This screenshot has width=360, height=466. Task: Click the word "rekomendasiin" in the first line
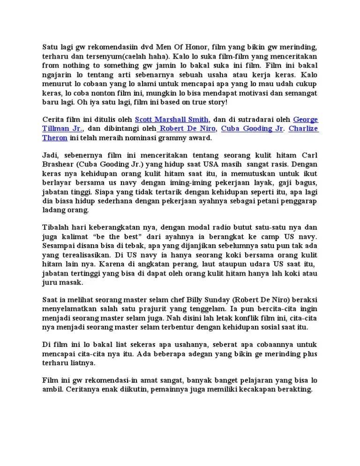99,47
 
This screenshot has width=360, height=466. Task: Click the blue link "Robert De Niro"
187,128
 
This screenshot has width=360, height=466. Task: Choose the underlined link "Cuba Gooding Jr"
252,128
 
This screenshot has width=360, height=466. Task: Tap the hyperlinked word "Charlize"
304,128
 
